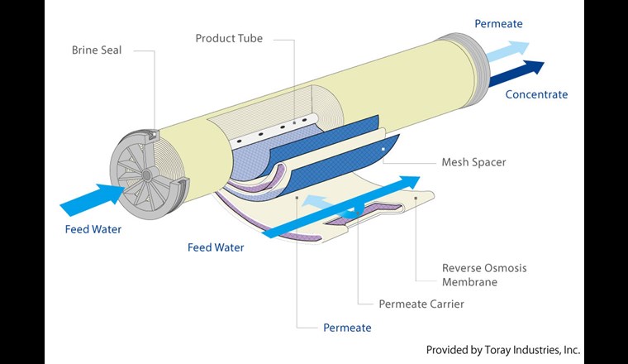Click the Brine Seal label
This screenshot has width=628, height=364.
pos(96,50)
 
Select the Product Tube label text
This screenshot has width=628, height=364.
pos(228,39)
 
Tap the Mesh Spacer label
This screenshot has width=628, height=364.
pos(473,162)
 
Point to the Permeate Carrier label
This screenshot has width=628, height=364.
pos(421,304)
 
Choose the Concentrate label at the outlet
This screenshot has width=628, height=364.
pos(536,94)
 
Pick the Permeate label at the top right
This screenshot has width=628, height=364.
pos(498,24)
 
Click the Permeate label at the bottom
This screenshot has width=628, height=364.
pos(347,328)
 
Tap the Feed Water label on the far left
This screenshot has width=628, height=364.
pos(93,229)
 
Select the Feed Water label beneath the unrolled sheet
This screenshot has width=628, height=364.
pos(216,247)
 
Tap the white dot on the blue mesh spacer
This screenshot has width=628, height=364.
pos(383,149)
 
